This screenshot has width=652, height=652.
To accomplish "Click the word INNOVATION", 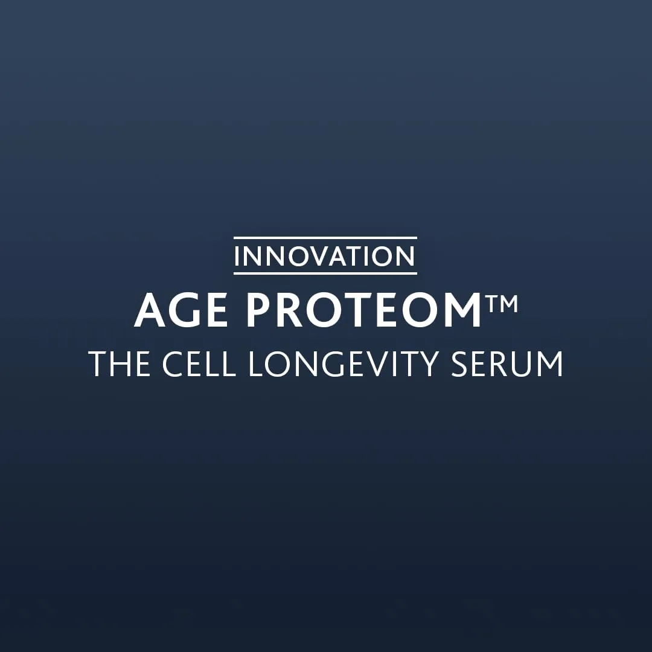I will tap(325, 256).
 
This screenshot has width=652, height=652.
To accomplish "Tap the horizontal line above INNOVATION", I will tap(325, 237).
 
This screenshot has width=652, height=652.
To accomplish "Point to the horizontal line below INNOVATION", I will tap(325, 273).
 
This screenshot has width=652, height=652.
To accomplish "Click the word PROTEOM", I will tap(364, 311).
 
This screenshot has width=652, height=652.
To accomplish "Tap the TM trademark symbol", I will tap(501, 302).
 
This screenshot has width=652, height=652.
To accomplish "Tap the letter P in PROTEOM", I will tap(258, 311).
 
